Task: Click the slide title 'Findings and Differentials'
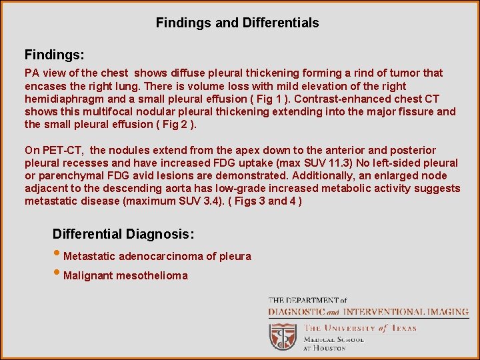[237, 23]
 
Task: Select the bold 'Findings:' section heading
[54, 53]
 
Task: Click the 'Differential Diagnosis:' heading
[123, 234]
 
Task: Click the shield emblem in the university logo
[283, 337]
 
